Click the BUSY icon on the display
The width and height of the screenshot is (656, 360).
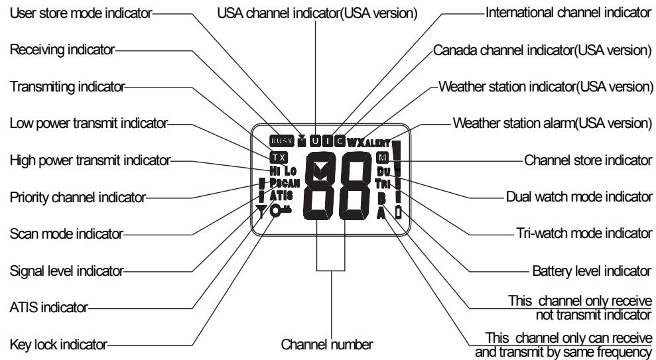coord(279,141)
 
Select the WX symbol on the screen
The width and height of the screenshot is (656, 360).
coord(356,141)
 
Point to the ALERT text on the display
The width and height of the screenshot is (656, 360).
coord(377,142)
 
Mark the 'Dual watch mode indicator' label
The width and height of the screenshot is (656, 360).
coord(578,197)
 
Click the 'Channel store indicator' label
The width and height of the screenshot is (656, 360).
coord(584,160)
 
